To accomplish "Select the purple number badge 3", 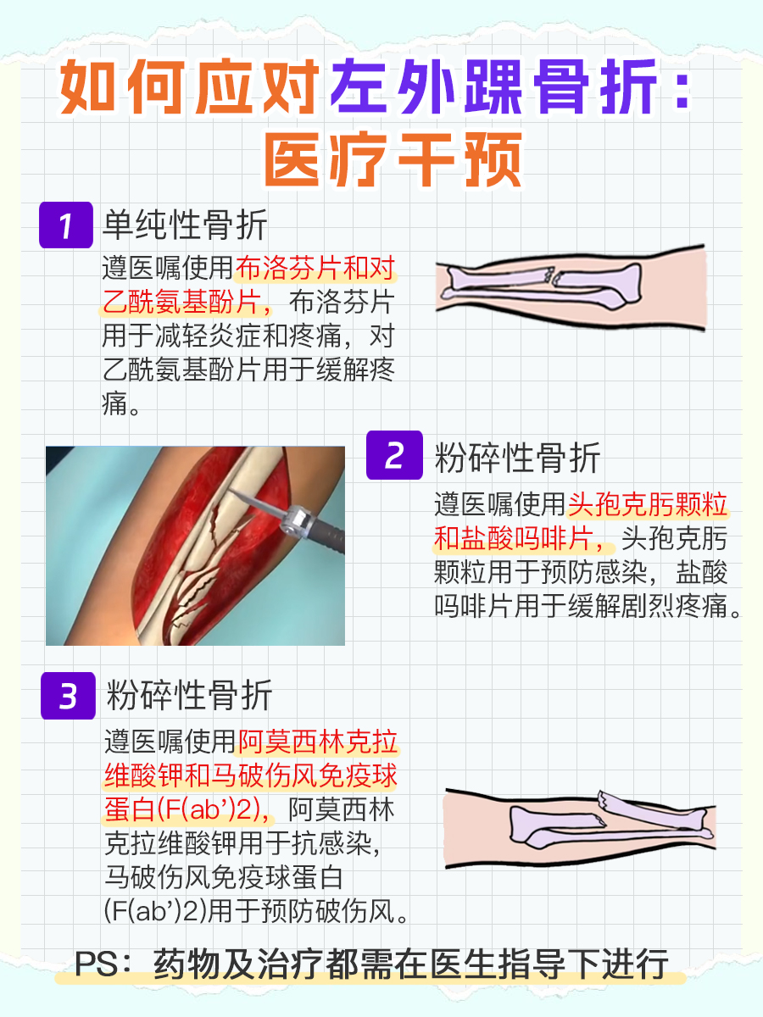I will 68,697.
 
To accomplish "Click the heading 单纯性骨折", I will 185,225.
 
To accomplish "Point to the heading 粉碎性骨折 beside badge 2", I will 517,458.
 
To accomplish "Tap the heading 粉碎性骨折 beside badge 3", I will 190,697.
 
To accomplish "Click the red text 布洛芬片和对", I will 315,270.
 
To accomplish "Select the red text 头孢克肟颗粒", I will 649,505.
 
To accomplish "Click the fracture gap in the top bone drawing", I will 552,277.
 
